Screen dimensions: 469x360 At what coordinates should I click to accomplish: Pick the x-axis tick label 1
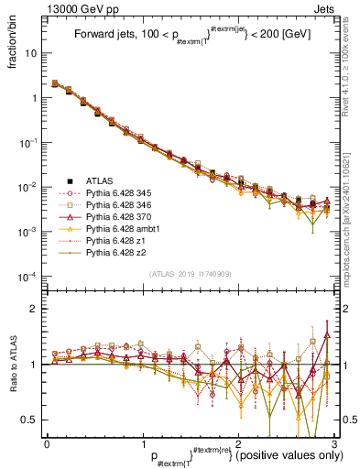[143, 442]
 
